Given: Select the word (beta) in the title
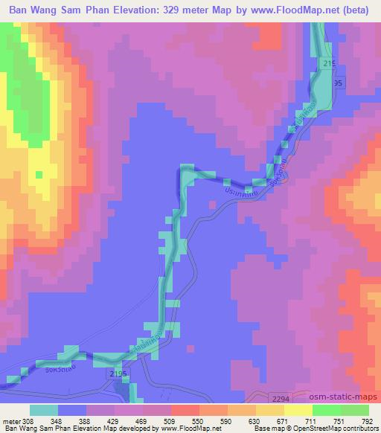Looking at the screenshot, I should click(355, 10).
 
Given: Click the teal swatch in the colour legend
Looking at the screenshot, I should click(44, 410).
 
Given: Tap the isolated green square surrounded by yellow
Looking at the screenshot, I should click(39, 175).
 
